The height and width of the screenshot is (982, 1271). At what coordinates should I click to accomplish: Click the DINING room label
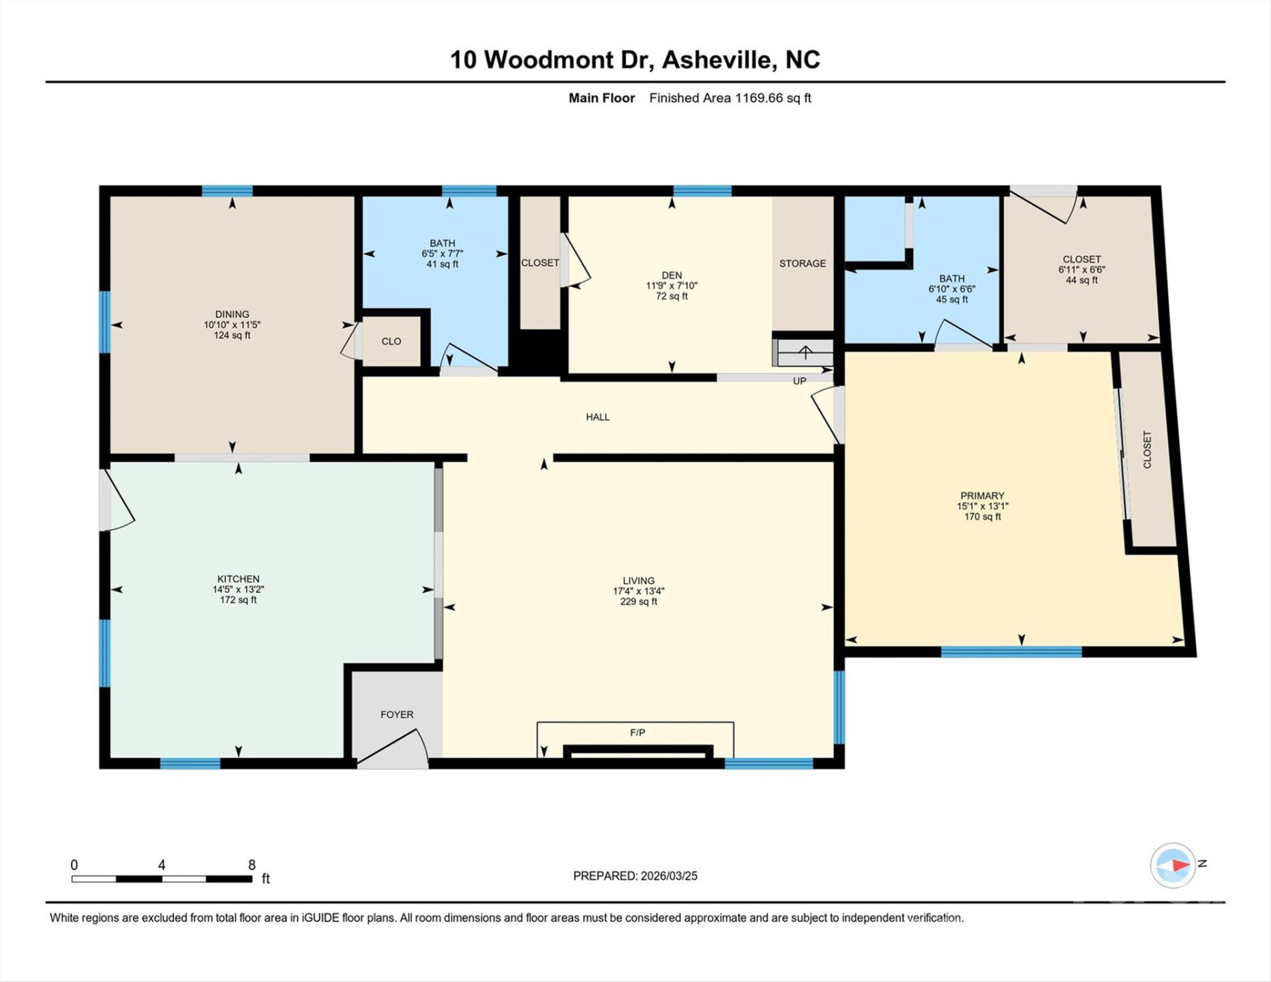click(232, 314)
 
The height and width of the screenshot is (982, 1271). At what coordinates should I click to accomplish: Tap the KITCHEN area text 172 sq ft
click(238, 600)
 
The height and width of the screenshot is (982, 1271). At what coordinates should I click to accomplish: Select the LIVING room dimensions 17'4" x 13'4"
click(638, 591)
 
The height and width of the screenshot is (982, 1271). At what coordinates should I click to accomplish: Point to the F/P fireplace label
click(638, 732)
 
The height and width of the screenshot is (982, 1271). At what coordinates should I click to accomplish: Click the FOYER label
click(397, 715)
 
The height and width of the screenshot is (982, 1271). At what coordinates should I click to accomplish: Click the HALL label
click(597, 417)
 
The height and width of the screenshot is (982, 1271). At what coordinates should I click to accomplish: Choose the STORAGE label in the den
click(803, 263)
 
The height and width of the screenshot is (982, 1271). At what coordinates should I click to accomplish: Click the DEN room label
click(672, 276)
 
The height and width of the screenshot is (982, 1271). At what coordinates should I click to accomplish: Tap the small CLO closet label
click(391, 341)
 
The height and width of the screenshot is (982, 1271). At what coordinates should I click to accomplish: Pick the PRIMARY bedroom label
click(982, 496)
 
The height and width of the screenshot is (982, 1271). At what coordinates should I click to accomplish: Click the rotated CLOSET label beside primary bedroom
click(1147, 449)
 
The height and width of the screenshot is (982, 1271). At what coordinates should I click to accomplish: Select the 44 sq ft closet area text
click(1081, 280)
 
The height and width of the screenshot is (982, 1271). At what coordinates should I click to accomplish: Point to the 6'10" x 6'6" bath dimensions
click(952, 289)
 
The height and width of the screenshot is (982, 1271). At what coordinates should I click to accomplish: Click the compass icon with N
click(1173, 865)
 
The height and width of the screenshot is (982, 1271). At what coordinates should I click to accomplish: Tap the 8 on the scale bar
click(252, 865)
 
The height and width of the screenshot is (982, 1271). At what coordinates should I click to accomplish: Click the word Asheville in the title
click(719, 60)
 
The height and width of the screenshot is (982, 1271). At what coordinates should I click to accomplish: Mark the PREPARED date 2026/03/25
click(668, 876)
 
